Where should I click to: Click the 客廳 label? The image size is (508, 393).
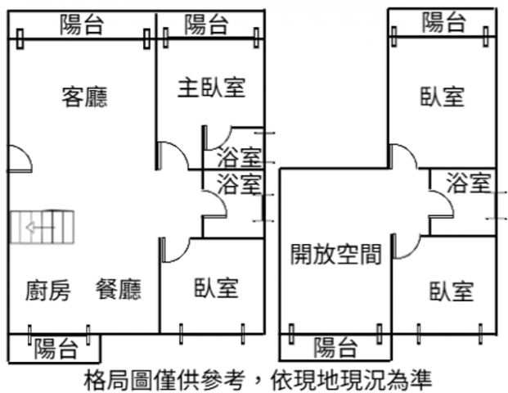84,97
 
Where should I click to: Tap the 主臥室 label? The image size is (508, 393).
211,87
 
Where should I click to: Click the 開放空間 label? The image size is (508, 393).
336,255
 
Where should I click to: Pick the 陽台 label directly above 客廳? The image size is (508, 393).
83,25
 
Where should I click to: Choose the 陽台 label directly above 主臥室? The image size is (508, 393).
206,25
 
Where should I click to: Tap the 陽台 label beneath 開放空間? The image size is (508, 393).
335,347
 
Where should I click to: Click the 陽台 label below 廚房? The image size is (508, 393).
56,350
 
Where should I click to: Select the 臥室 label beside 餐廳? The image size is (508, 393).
216,288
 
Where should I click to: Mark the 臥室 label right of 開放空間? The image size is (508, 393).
451,291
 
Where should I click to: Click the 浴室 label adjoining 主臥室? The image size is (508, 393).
240,156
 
